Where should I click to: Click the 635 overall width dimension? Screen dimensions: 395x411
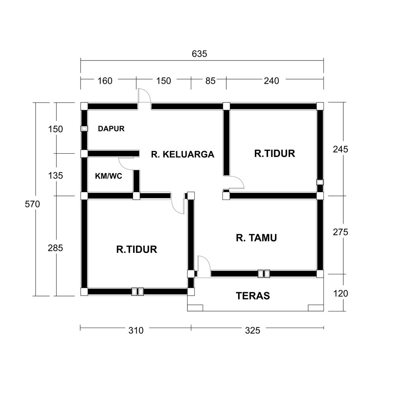199,54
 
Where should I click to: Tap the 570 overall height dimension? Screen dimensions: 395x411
32,204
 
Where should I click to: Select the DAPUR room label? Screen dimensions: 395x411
111,128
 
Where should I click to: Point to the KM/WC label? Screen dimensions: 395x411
109,176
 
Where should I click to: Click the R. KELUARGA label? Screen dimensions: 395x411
182,154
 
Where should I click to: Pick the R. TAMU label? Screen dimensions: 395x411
256,238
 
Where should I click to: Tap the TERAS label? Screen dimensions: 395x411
253,296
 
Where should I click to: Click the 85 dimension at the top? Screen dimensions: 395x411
210,81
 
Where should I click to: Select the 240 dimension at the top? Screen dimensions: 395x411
271,81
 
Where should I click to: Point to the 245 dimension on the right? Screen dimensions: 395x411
340,149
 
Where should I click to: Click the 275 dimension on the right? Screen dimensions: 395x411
340,232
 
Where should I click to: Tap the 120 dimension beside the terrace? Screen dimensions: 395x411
340,294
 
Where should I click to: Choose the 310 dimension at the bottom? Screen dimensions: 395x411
136,330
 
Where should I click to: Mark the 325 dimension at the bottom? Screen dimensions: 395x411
252,330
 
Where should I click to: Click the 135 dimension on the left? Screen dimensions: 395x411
56,175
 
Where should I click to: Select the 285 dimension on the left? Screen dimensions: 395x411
55,248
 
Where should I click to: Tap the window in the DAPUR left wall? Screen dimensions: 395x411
84,129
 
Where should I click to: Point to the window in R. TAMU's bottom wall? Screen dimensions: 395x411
264,273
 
